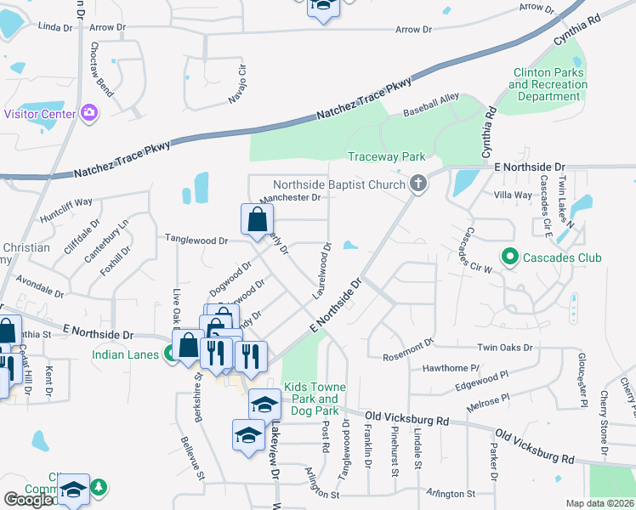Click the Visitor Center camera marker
tap(89, 113)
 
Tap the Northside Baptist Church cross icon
tap(417, 184)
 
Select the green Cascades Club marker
tap(510, 256)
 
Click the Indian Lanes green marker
tap(170, 354)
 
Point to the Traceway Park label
tap(386, 156)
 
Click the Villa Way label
tap(513, 195)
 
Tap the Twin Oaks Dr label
tap(504, 348)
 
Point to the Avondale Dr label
tap(40, 284)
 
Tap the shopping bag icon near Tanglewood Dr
tap(257, 220)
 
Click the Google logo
tap(28, 500)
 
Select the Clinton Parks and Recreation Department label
tap(548, 85)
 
